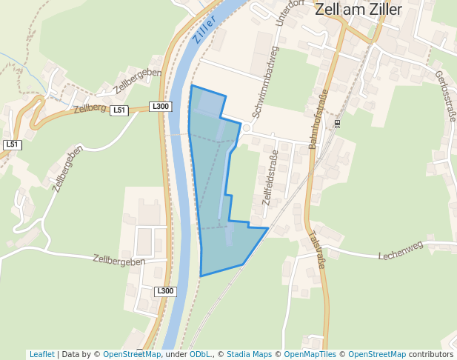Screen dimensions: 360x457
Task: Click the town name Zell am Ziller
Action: pyautogui.click(x=358, y=10)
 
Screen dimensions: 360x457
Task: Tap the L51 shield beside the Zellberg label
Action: pyautogui.click(x=119, y=110)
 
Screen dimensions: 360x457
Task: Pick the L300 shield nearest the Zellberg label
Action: pyautogui.click(x=160, y=107)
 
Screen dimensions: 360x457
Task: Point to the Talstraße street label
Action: pyautogui.click(x=316, y=251)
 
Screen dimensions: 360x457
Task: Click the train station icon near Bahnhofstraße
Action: pyautogui.click(x=337, y=124)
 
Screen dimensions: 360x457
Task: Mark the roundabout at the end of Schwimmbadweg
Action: pyautogui.click(x=247, y=128)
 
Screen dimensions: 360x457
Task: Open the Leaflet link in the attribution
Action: pyautogui.click(x=41, y=354)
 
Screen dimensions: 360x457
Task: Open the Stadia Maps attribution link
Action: pyautogui.click(x=248, y=354)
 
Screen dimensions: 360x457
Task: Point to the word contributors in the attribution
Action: pyautogui.click(x=431, y=354)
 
